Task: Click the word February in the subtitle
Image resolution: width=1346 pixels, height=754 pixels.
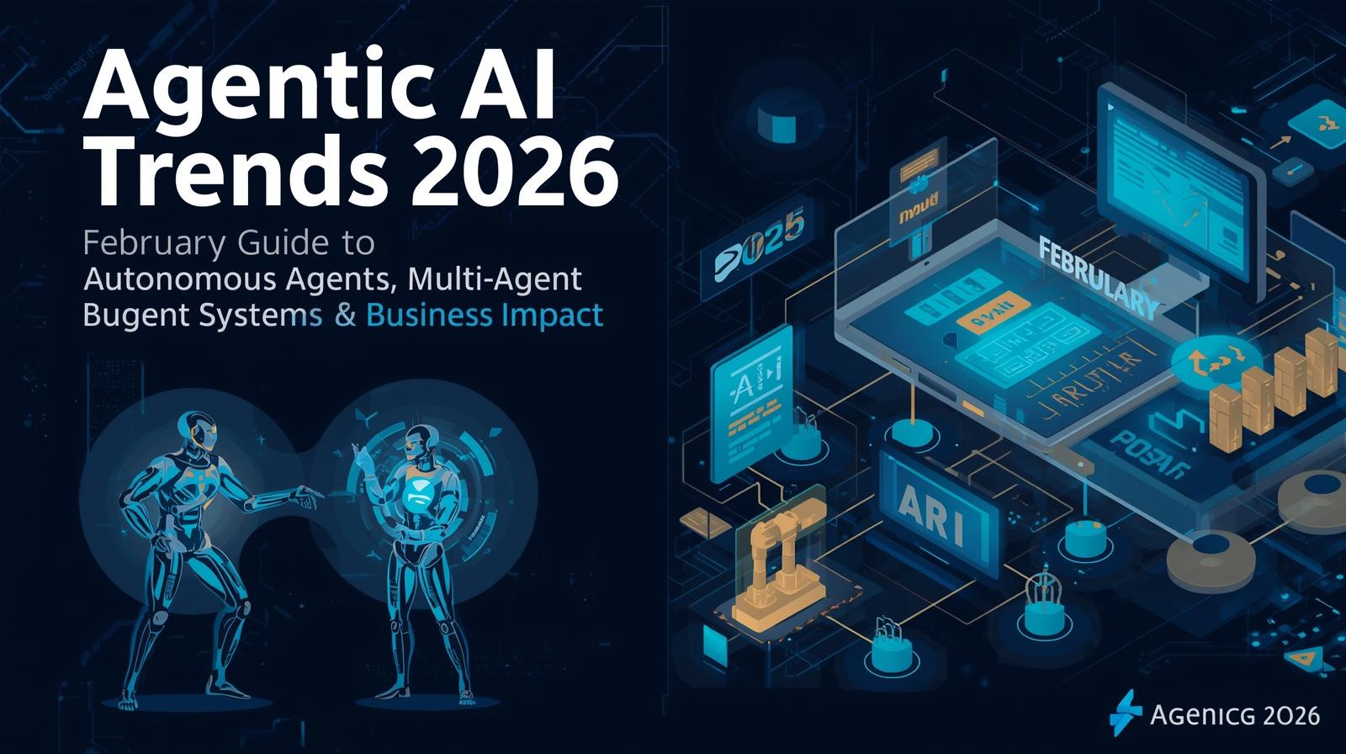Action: click(155, 244)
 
